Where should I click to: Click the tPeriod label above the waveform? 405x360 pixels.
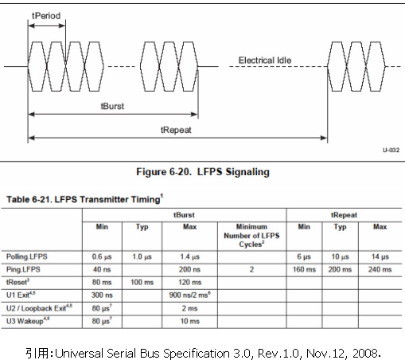(x=46, y=16)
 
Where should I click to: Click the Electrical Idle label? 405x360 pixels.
(x=265, y=61)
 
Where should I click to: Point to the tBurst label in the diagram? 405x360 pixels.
(x=112, y=106)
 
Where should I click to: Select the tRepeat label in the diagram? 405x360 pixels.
(x=176, y=130)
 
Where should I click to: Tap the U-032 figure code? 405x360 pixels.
(x=391, y=150)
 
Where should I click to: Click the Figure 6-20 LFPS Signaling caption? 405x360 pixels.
(x=203, y=172)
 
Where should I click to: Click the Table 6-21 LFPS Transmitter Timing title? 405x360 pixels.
(x=84, y=199)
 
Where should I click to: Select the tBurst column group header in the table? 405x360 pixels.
(x=184, y=215)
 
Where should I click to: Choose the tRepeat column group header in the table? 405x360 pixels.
(x=344, y=215)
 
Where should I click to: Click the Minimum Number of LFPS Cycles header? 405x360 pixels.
(x=251, y=236)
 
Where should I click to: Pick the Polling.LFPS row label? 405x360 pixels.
(x=27, y=256)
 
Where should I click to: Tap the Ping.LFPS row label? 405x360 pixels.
(x=23, y=269)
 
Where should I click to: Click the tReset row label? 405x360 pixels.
(x=18, y=282)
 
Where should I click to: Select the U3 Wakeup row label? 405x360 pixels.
(x=28, y=321)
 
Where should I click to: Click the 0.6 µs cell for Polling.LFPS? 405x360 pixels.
(x=102, y=256)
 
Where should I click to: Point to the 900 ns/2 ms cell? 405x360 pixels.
(x=190, y=295)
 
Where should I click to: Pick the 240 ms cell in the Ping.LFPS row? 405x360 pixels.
(x=380, y=269)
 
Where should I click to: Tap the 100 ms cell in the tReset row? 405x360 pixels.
(x=142, y=282)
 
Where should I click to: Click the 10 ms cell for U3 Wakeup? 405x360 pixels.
(x=190, y=321)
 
